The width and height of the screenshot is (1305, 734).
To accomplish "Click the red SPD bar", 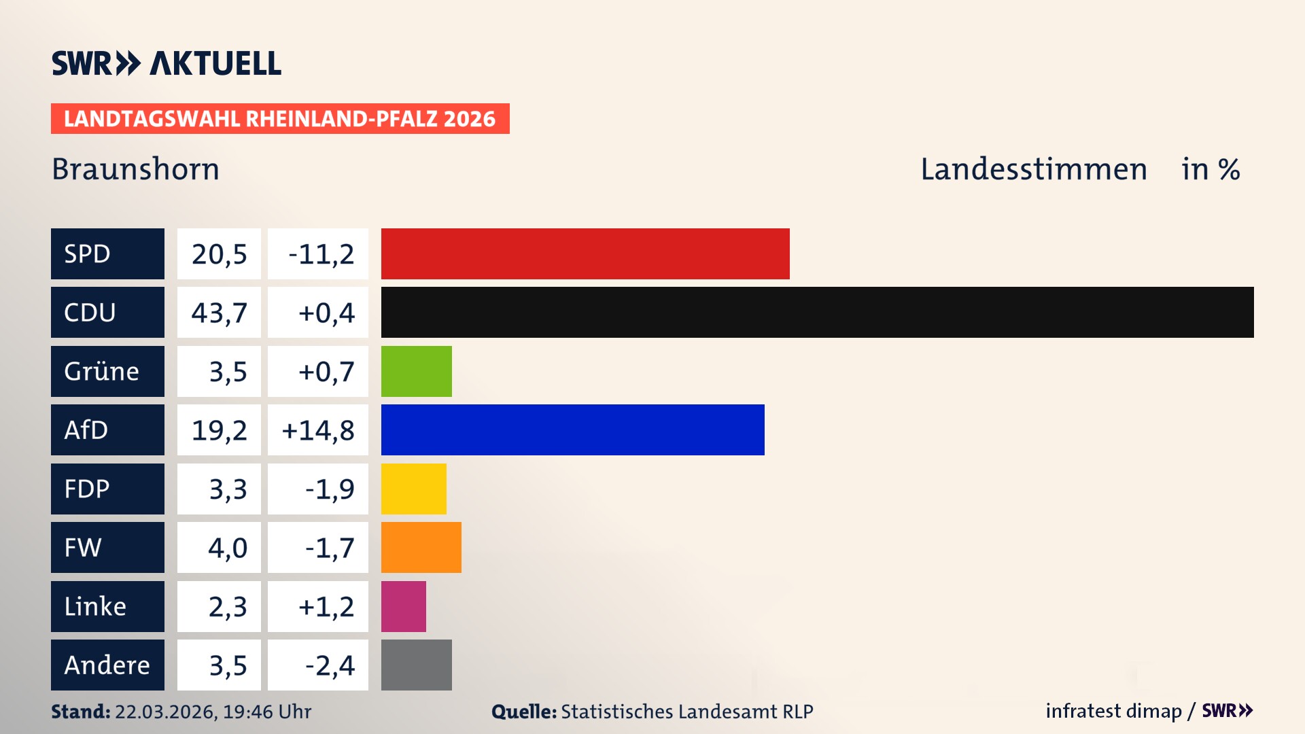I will (585, 254).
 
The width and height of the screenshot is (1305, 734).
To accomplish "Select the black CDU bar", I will (817, 312).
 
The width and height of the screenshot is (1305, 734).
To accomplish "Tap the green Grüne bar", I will (416, 371).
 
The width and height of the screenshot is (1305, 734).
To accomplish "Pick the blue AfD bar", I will (572, 430).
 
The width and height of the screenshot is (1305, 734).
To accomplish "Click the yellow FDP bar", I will (413, 489).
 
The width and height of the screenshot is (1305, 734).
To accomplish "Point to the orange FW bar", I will (421, 547).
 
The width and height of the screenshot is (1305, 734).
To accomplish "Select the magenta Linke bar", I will (403, 606).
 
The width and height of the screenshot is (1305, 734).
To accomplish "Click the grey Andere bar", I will (416, 665).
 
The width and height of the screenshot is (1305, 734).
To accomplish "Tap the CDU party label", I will (107, 312).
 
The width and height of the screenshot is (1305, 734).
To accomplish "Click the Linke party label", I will (107, 606).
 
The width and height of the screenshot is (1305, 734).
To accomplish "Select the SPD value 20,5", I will (219, 254).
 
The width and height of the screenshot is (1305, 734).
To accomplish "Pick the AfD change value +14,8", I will (317, 430).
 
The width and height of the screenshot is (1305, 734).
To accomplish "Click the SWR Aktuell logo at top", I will (166, 63).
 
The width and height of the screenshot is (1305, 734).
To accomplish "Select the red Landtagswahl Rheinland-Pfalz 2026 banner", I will (279, 118).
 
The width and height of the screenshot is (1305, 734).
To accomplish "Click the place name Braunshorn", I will (135, 169).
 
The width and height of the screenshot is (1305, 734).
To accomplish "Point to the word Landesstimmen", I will (1033, 169).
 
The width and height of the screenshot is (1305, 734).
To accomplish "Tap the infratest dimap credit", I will (1113, 711).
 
